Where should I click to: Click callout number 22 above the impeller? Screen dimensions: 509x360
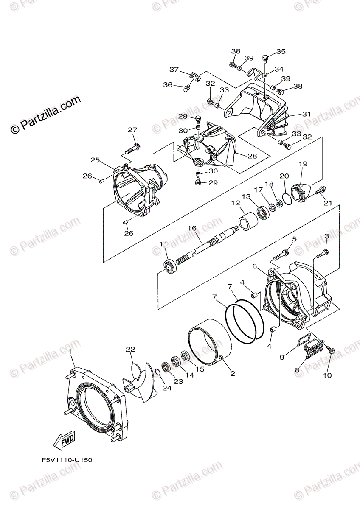click(x=130, y=349)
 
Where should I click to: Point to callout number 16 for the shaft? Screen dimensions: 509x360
click(x=192, y=228)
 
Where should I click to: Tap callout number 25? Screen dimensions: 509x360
click(x=95, y=160)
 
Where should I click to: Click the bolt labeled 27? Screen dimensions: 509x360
click(x=132, y=149)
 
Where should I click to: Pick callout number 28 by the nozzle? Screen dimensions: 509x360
click(x=252, y=156)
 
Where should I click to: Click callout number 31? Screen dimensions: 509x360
click(x=307, y=114)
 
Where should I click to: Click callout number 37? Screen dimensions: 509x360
click(x=174, y=70)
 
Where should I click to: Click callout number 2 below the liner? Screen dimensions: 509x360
click(x=232, y=374)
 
